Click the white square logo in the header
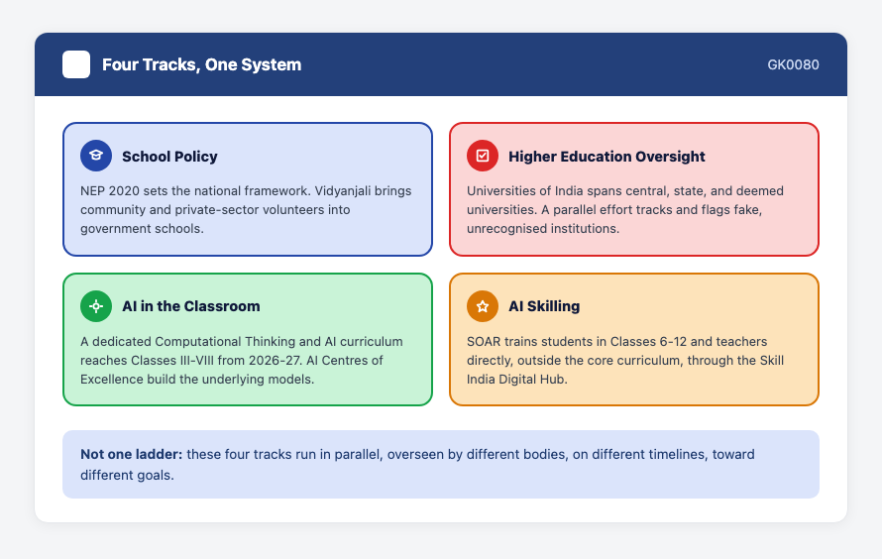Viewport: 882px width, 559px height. [x=76, y=64]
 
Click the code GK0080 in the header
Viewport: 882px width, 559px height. [x=793, y=64]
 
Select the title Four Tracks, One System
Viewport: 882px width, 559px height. [x=201, y=64]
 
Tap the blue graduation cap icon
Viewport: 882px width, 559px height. [x=96, y=156]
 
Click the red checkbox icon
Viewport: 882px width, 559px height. [x=483, y=156]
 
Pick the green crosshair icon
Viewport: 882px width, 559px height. [x=96, y=306]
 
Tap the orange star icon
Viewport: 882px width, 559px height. [x=483, y=306]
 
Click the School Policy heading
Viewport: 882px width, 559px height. [x=169, y=157]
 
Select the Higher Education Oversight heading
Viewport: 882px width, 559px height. [x=606, y=157]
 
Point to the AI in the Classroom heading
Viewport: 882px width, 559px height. [x=191, y=306]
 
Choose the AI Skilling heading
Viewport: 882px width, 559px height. [x=544, y=306]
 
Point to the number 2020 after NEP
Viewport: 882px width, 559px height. [x=124, y=191]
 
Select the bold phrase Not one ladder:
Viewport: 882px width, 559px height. [x=132, y=454]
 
